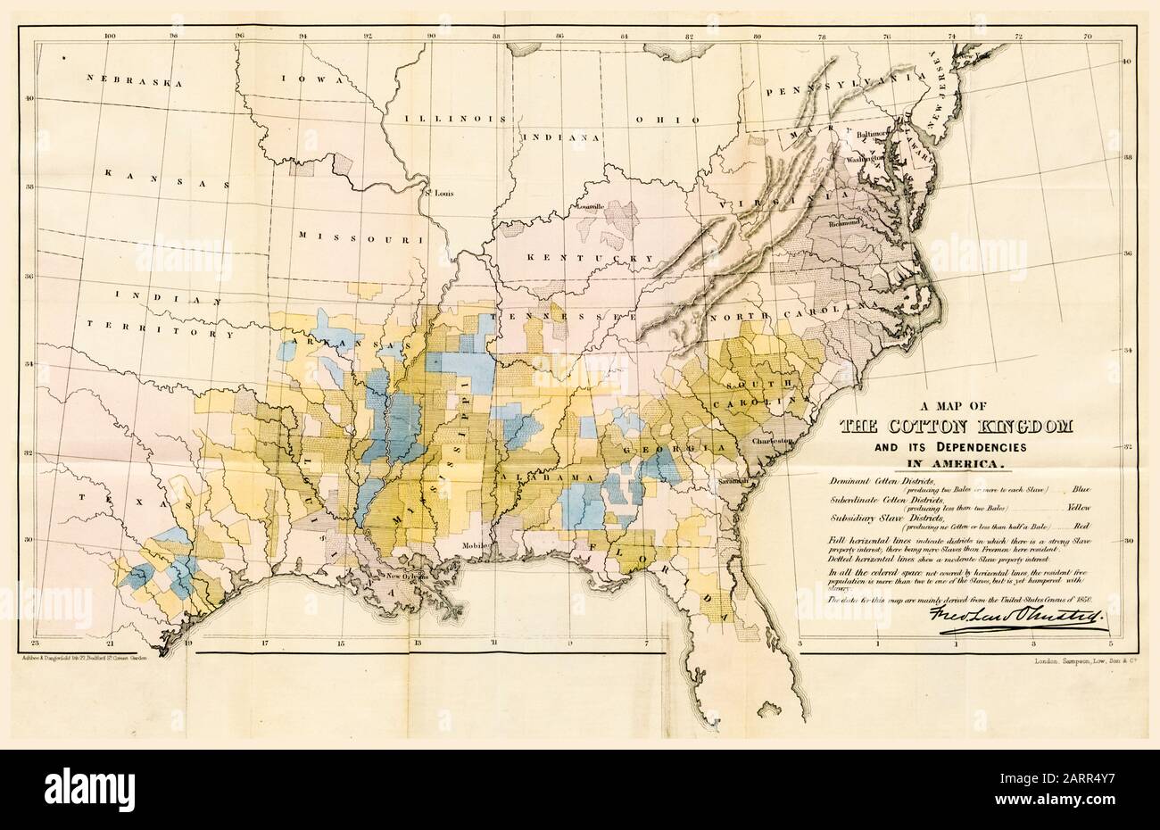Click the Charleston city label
772,442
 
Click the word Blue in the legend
1082,488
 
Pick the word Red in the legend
1082,526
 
